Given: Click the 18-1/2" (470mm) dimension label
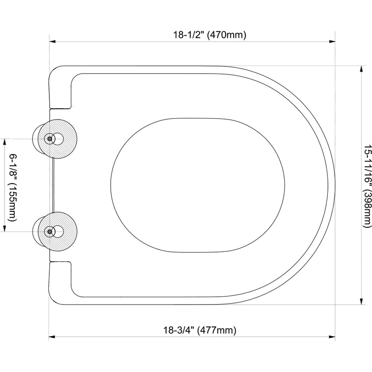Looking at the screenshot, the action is pos(210,35).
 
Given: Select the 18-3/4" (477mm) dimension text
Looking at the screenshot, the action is pos(200,330).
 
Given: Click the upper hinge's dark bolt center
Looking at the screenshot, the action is pos(49,139).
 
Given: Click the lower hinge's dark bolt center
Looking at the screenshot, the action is pos(49,232).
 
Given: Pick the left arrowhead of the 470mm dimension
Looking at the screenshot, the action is pos(52,41).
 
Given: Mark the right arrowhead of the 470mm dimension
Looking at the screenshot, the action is pos(332,41).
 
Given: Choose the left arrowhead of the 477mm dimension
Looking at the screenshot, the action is pos(52,337).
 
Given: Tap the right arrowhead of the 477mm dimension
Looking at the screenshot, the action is pos(332,337).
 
